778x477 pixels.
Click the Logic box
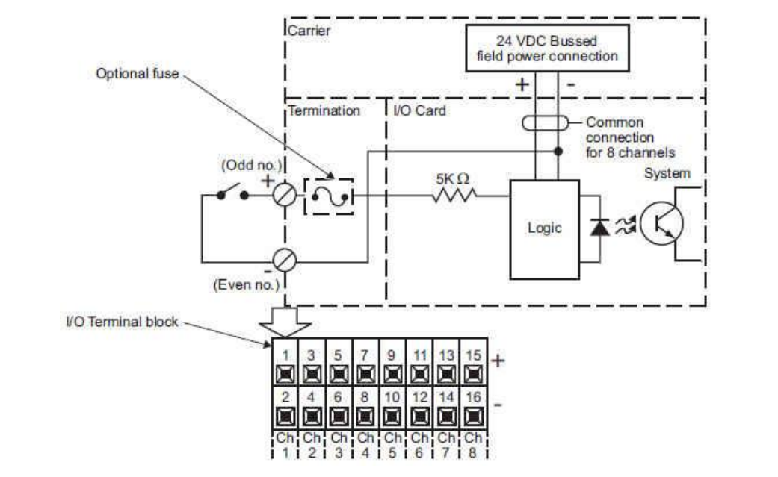pos(544,229)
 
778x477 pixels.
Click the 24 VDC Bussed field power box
pos(547,48)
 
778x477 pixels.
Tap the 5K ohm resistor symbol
pos(454,196)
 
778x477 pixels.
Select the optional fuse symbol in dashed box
pos(329,197)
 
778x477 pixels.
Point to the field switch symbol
pos(232,193)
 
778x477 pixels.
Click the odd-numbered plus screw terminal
pos(284,195)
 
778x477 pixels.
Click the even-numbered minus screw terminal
pos(284,260)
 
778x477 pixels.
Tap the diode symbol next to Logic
pos(599,227)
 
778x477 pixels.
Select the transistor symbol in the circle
pos(661,223)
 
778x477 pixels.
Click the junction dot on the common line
pos(558,151)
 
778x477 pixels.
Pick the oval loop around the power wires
pos(546,123)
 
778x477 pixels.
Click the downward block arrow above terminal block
pos(285,322)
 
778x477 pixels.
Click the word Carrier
pos(309,31)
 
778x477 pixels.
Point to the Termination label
pos(324,110)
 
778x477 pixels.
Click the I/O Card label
pos(419,110)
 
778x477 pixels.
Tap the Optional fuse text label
pos(138,73)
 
